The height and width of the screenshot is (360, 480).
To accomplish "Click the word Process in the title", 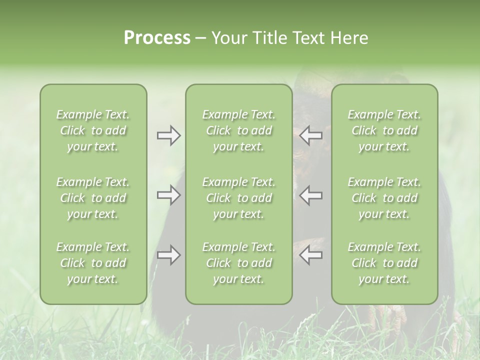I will (x=157, y=38).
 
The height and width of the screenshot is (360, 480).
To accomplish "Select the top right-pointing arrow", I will (x=168, y=135).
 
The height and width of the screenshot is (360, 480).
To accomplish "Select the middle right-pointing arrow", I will (x=168, y=195).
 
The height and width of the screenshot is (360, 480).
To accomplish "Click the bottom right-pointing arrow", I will (x=168, y=255).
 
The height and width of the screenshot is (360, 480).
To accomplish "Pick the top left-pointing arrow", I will (x=311, y=135).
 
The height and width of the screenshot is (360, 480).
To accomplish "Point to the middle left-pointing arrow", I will (x=311, y=195).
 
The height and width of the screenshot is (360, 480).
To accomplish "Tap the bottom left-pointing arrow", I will (x=311, y=255).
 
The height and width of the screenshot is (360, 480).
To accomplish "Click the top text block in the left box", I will (x=93, y=130).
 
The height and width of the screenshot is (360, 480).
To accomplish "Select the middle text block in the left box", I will (x=93, y=198).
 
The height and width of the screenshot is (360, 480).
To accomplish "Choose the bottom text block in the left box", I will (x=93, y=263).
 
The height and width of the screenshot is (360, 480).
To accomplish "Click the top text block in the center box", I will (x=239, y=130).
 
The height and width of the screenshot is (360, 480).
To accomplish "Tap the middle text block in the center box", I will (x=239, y=198).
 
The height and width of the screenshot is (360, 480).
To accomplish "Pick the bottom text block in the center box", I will (x=239, y=263).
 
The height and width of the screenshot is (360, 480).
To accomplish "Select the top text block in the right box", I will (x=384, y=130).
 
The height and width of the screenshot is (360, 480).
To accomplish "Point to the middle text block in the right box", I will (x=384, y=198).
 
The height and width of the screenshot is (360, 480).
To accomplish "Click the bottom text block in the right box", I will (x=384, y=263).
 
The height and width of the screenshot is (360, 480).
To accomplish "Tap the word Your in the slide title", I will (x=228, y=38).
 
